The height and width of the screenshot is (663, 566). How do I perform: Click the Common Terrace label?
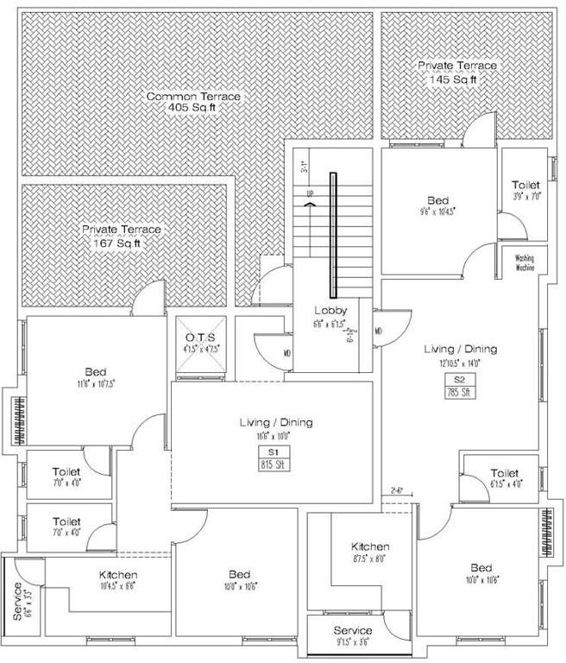[192, 96]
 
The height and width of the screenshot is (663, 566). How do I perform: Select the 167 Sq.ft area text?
[121, 243]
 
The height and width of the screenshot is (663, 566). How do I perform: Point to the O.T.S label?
[200, 336]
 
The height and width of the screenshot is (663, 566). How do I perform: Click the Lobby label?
[330, 311]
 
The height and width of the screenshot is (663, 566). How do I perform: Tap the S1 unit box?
[275, 451]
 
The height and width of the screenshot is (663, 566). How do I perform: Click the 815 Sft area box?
[275, 464]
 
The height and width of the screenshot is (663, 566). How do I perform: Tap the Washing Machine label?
[525, 262]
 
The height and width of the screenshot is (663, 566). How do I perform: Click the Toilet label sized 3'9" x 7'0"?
[525, 186]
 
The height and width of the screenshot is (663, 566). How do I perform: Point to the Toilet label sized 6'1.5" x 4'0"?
[504, 473]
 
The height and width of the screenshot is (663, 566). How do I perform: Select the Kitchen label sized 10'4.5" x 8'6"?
[118, 575]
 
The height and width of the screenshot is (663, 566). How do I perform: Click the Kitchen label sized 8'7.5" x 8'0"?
[370, 547]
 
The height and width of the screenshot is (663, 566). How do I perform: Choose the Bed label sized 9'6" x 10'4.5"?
[438, 200]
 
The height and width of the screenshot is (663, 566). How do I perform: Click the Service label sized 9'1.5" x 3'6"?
[352, 631]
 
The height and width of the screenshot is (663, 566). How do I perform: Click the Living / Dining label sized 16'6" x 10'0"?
[275, 423]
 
